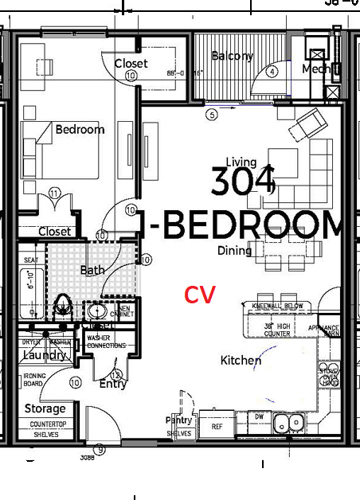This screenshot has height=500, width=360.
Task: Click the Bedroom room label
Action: click(80, 129)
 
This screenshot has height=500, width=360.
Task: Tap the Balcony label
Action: click(232, 56)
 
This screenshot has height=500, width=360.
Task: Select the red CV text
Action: click(200, 295)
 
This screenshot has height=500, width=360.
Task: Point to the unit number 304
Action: click(243, 181)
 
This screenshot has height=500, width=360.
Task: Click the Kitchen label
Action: click(241, 361)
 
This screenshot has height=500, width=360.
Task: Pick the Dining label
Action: click(234, 251)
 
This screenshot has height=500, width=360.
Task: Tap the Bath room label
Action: click(92, 270)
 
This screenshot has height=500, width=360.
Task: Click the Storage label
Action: click(45, 408)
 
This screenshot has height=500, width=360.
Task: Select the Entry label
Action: click(113, 384)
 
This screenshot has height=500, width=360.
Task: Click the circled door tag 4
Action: click(272, 72)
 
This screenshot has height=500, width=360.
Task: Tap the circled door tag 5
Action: click(211, 115)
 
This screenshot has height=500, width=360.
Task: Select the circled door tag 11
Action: click(54, 193)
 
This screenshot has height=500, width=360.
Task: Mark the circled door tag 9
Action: click(100, 449)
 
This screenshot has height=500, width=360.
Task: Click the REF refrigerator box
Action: click(217, 426)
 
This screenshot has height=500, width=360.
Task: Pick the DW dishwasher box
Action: click(259, 416)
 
